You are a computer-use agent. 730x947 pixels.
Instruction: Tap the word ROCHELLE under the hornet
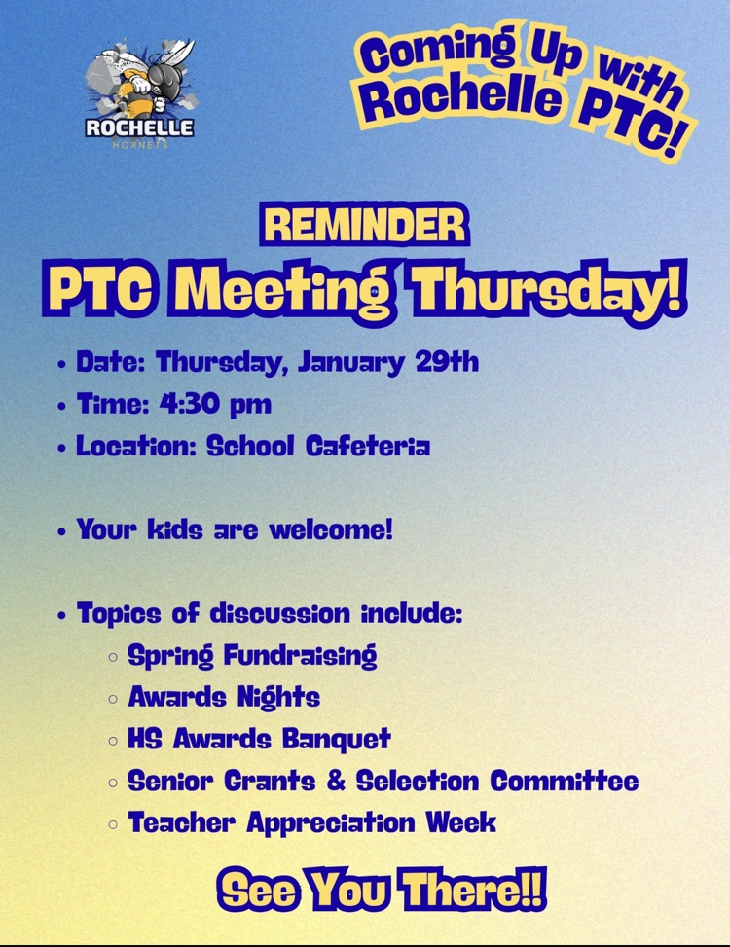(x=139, y=127)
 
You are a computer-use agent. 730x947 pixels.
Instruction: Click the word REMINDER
(x=364, y=226)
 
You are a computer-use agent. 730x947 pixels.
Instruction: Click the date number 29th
(x=447, y=363)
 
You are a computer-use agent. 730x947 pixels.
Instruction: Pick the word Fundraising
(x=300, y=655)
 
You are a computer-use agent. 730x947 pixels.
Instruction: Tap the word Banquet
(x=337, y=739)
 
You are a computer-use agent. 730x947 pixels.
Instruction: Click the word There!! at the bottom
(x=479, y=890)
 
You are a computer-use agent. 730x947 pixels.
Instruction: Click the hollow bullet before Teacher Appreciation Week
(x=114, y=824)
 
